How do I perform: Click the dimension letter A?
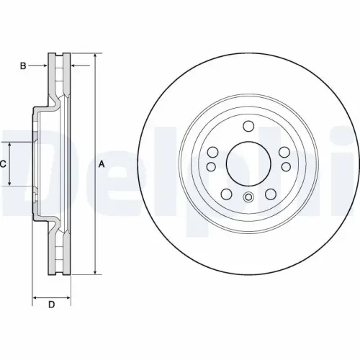(x=102, y=164)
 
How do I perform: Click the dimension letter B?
(x=23, y=66)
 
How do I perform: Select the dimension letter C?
(x=4, y=164)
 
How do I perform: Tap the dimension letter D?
(x=51, y=305)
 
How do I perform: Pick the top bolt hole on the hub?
(x=248, y=127)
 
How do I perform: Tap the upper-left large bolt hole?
(x=215, y=152)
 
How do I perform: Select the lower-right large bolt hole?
(x=269, y=193)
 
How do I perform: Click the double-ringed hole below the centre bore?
(x=248, y=199)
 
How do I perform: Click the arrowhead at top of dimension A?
(x=94, y=56)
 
